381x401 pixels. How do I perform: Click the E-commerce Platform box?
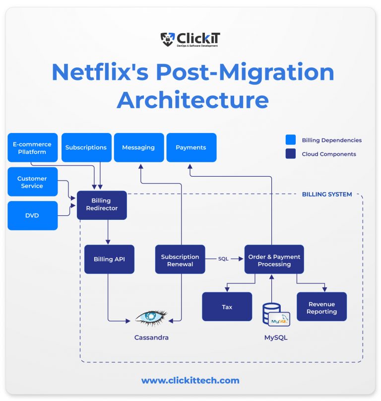32,147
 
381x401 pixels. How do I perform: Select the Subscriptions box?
86,147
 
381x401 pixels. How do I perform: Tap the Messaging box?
138,147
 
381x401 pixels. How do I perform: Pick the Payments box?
191,147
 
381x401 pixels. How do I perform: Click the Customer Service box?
32,182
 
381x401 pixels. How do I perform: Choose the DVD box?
32,215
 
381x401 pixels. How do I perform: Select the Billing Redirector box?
102,205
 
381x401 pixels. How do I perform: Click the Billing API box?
109,259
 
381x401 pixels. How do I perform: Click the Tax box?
227,307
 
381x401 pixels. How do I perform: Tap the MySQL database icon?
276,314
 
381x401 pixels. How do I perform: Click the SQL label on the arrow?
223,259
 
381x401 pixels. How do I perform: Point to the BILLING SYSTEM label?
327,194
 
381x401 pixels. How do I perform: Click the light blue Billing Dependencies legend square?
291,140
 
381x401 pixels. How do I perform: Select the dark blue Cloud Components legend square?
291,154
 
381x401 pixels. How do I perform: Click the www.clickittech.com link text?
190,381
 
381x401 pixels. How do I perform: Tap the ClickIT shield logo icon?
168,39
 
